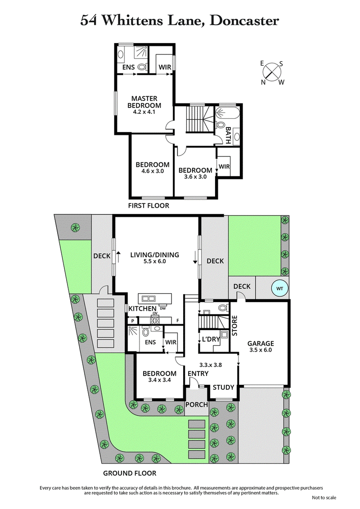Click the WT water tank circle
tap(279, 288)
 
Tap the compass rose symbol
tap(272, 72)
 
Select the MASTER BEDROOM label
tap(144, 102)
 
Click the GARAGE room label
tap(261, 344)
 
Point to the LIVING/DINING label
tap(154, 255)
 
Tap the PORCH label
tap(197, 404)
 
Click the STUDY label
tap(223, 387)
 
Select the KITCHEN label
tap(142, 309)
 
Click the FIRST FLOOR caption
tap(149, 206)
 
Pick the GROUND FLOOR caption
tap(130, 473)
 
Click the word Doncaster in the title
tap(242, 20)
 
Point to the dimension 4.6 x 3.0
tap(153, 171)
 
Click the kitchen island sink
tap(148, 298)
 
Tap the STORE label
tap(234, 326)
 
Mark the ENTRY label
tap(198, 374)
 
